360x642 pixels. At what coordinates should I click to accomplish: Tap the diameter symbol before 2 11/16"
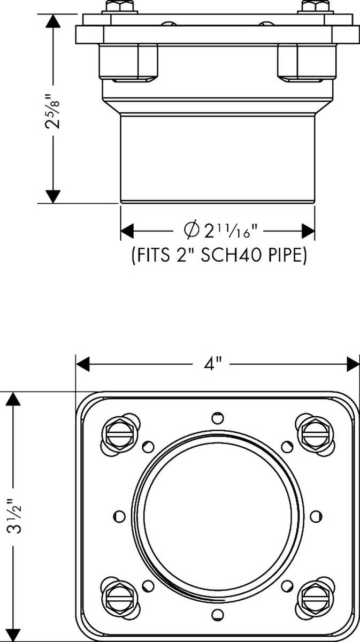(x=192, y=230)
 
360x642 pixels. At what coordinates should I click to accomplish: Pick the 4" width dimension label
(x=212, y=364)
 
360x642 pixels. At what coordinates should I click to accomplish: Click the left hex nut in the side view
(x=128, y=62)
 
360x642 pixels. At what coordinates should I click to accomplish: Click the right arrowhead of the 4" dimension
(x=353, y=364)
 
